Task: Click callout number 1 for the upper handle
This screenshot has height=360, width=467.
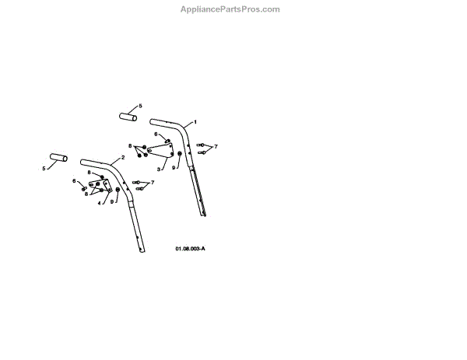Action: coord(195,122)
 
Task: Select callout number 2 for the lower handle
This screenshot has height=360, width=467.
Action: coord(122,157)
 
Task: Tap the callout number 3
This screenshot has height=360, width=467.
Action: coord(159,168)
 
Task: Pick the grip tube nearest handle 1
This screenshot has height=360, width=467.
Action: coord(128,117)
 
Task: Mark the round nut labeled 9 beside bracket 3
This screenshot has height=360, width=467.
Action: coord(180,155)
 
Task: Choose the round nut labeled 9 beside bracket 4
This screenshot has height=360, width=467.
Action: coord(118,190)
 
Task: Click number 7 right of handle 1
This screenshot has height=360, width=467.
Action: coord(216,146)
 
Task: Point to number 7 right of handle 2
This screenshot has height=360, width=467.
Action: coord(153,182)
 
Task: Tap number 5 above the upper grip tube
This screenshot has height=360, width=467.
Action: coord(140,105)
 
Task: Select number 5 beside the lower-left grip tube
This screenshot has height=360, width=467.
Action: coord(44,167)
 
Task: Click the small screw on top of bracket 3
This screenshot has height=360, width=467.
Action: coord(167,141)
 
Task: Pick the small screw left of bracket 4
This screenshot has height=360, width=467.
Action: coord(83,188)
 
